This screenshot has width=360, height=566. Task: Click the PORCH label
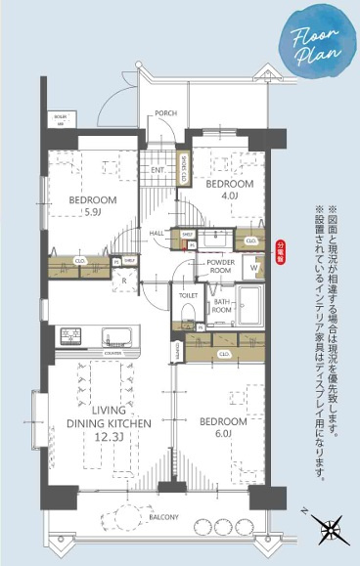tap(166, 112)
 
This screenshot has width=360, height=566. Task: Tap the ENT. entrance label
tap(157, 170)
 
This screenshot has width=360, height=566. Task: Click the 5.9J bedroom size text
tap(93, 212)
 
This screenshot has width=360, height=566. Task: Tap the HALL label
tap(157, 233)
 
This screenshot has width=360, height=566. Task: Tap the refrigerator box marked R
tap(124, 280)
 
